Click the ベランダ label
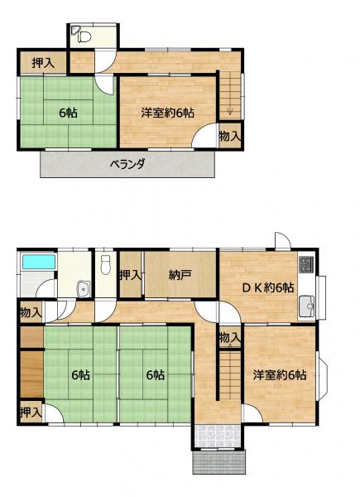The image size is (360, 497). (127, 164)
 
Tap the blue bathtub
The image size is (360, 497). (38, 262)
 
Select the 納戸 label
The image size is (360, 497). (180, 275)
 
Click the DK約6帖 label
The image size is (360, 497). (268, 287)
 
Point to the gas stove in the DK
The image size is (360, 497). (306, 265)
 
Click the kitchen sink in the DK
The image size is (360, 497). (306, 306)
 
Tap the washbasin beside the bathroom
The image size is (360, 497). (84, 289)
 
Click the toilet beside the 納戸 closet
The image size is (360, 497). (105, 265)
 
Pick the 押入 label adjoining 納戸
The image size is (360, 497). (130, 275)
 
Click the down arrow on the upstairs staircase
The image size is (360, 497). (230, 111)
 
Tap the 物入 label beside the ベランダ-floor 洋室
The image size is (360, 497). (230, 137)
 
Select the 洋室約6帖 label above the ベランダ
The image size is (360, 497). (167, 113)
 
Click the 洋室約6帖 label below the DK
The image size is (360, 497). (280, 375)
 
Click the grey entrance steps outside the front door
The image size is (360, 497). (218, 462)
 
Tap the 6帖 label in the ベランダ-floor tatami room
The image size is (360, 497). (69, 113)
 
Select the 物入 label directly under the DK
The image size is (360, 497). (230, 338)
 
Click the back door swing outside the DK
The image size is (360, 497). (283, 240)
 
